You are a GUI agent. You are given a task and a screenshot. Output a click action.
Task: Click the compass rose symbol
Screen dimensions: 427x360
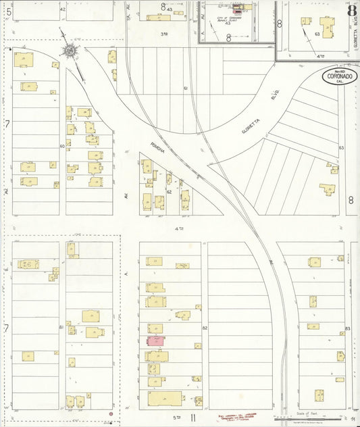[70, 50]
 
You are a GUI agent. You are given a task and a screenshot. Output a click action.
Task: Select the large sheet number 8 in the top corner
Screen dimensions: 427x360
[352, 10]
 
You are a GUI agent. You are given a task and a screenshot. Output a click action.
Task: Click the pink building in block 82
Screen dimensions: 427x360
[156, 341]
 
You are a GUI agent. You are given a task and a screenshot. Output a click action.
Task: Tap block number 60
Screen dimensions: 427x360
[61, 145]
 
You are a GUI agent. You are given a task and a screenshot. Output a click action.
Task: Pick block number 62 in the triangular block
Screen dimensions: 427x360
[170, 192]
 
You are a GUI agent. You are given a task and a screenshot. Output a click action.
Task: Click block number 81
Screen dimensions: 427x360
[61, 327]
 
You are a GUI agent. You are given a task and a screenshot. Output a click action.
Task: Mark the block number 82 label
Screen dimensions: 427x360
[204, 327]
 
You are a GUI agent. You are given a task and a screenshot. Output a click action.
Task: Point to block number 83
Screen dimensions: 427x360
[347, 328]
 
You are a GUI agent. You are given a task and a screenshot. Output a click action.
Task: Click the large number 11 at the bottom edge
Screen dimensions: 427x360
[192, 419]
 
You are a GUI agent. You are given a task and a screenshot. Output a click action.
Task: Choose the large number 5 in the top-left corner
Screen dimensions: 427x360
[8, 10]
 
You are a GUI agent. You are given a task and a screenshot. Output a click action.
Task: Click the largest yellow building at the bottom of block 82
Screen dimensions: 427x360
[165, 398]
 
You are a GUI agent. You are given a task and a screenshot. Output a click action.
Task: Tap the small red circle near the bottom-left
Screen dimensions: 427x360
[110, 411]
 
